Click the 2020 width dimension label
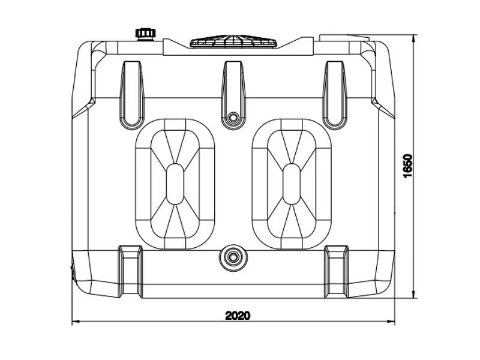(x=238, y=316)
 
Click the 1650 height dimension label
(x=408, y=166)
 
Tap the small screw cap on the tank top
(x=146, y=34)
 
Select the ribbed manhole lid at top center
(x=233, y=41)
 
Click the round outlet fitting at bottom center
(x=233, y=257)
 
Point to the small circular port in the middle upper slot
(x=233, y=117)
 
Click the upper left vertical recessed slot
(x=132, y=95)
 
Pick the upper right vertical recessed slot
(x=335, y=95)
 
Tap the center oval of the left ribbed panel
(x=175, y=184)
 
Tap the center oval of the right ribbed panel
(x=292, y=184)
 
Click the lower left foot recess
(x=130, y=271)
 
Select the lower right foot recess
(x=336, y=271)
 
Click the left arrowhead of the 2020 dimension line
(x=76, y=322)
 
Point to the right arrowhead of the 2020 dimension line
(x=391, y=322)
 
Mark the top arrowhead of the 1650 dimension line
(x=414, y=38)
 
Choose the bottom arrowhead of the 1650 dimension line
(x=414, y=294)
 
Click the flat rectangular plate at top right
(x=344, y=38)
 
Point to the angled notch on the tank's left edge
(x=83, y=108)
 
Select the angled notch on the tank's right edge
(x=383, y=108)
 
